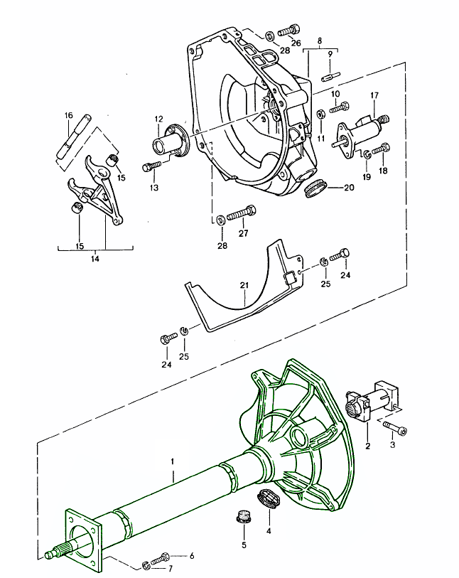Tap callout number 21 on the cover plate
[244, 287]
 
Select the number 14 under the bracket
[94, 259]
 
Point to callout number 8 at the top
[320, 41]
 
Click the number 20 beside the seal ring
[348, 188]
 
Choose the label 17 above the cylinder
[374, 95]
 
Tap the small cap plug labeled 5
[243, 517]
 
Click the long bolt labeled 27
[244, 211]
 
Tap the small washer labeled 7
[145, 565]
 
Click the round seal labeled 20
[314, 190]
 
